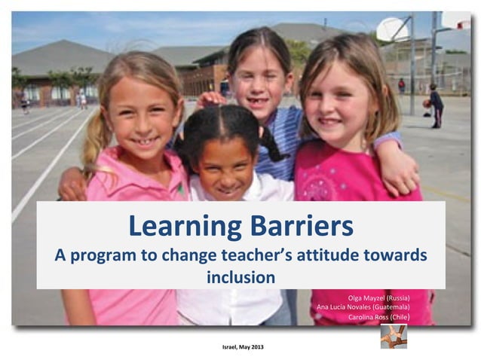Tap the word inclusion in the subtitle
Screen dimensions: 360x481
[240, 277]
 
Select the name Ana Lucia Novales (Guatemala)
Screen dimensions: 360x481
[363, 307]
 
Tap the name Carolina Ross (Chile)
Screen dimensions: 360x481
[378, 317]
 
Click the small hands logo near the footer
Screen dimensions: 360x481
[393, 336]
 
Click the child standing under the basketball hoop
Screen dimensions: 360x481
[436, 105]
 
